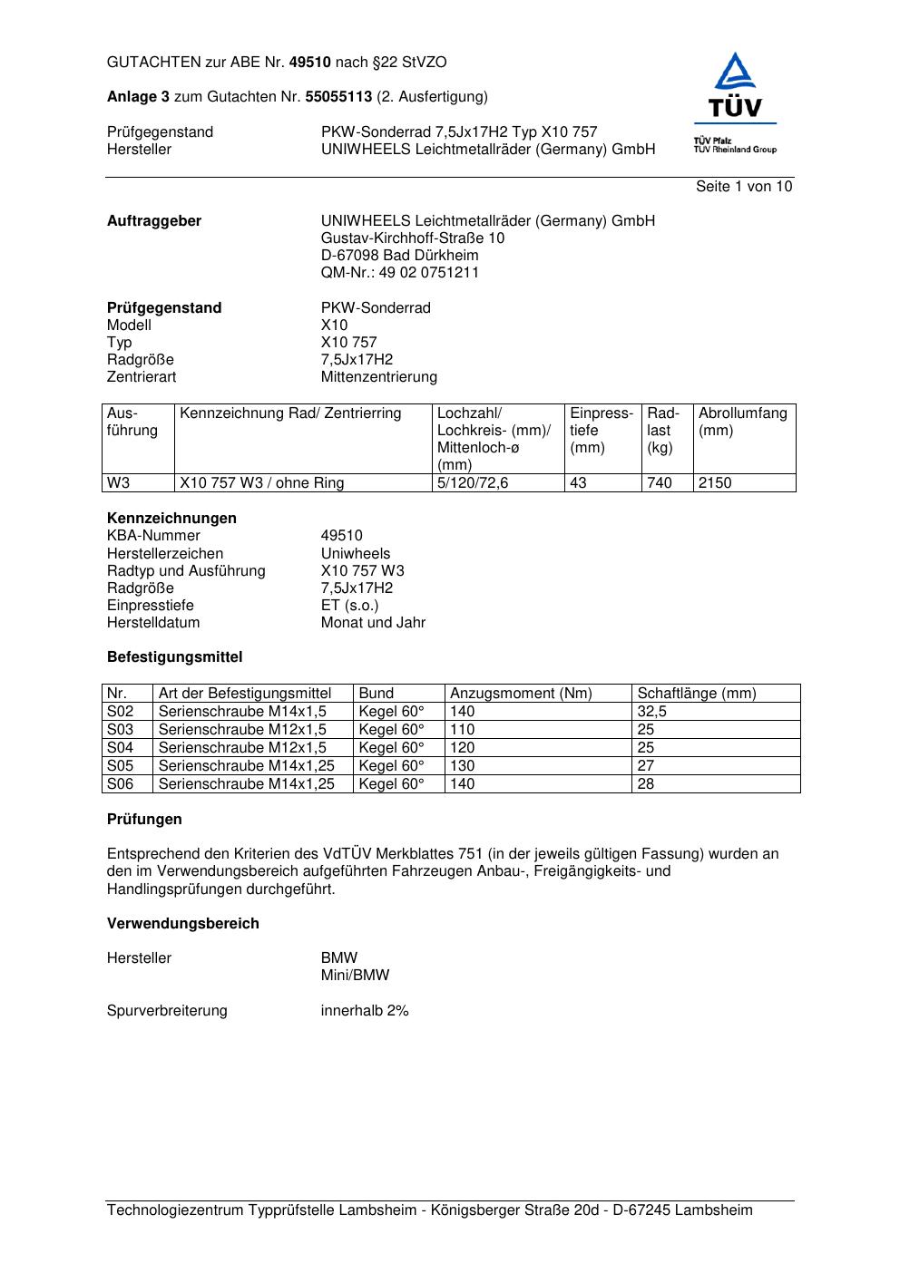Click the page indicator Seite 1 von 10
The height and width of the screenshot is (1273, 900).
tap(743, 187)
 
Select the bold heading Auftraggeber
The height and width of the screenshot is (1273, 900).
tap(154, 221)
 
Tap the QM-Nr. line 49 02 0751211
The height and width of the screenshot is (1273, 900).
tap(400, 273)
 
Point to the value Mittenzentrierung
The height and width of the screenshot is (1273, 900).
tap(378, 377)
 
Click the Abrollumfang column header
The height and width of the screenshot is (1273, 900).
tap(742, 413)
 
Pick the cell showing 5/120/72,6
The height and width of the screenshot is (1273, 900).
tap(473, 483)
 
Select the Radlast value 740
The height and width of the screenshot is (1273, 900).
tap(660, 483)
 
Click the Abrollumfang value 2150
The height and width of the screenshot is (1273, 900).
tap(715, 483)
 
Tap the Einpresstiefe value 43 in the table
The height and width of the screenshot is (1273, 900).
tap(578, 483)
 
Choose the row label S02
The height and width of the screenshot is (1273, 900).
tap(120, 712)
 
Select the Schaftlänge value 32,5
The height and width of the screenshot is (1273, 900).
tap(651, 712)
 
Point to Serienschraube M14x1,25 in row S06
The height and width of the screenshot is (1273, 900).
tap(246, 784)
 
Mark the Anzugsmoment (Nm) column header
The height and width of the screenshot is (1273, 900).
tap(521, 694)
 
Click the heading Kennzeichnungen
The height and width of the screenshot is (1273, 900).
tap(171, 519)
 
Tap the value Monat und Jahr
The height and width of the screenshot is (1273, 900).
tap(373, 623)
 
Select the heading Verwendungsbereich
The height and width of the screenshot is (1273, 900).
tap(182, 924)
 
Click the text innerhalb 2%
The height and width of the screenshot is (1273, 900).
tap(365, 1011)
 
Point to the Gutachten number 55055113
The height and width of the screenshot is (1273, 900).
tap(338, 97)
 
